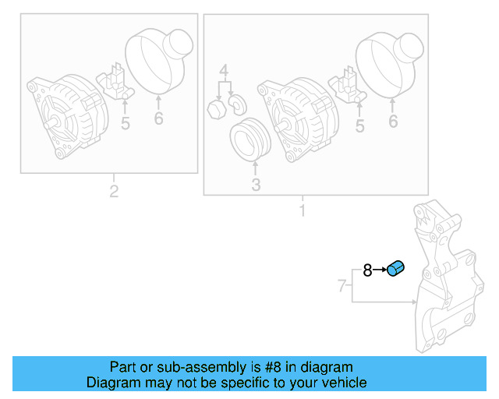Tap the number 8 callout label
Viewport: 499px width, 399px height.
coord(367,270)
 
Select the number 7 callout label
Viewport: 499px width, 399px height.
coord(342,286)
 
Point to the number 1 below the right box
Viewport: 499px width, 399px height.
coord(302,210)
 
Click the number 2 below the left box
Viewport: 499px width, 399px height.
coord(114,191)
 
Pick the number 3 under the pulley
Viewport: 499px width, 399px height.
coord(256,185)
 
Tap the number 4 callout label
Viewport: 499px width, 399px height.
coord(224,73)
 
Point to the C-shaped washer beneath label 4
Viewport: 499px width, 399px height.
coord(237,104)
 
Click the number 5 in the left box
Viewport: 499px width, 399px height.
coord(125,123)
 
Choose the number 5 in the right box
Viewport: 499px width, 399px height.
coord(359,125)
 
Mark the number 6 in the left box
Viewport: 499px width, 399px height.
coord(158,118)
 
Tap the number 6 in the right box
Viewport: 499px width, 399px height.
coord(393,121)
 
